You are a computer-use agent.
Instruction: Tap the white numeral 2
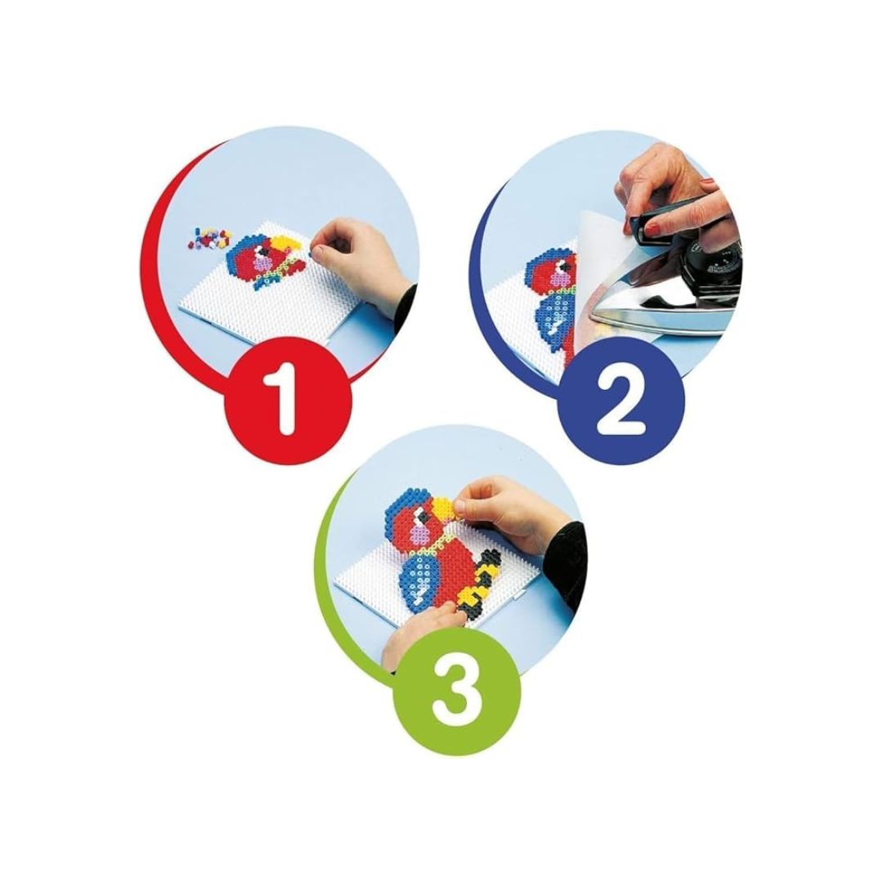coord(621,401)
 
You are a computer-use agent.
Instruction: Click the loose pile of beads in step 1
coord(209,239)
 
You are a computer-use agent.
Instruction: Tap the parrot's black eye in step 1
coord(262,249)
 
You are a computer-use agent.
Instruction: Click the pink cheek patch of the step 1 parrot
coord(262,263)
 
